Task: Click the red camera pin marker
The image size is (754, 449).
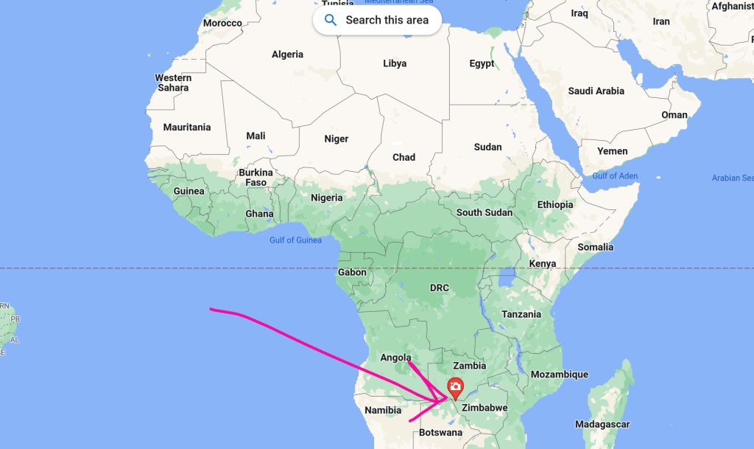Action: [456, 386]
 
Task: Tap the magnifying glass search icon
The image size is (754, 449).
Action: [330, 20]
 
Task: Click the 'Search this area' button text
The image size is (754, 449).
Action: [387, 20]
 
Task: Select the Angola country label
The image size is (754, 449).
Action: [395, 358]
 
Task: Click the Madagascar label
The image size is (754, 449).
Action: [602, 424]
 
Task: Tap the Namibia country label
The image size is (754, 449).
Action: [383, 410]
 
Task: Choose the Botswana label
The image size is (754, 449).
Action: [440, 433]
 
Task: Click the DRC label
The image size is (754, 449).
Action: [440, 287]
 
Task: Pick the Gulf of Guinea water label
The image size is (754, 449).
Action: [295, 240]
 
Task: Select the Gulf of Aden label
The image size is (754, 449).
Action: [615, 175]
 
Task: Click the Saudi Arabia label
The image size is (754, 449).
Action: [596, 91]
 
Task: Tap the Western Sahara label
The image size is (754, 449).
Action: [173, 83]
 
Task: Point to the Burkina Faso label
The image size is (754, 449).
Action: [256, 177]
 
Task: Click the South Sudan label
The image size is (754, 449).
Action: [484, 212]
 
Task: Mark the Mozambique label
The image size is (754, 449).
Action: [559, 374]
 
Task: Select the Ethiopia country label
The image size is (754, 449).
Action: [554, 204]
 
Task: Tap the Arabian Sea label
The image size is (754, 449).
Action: [732, 178]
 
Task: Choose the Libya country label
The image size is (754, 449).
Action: [395, 63]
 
